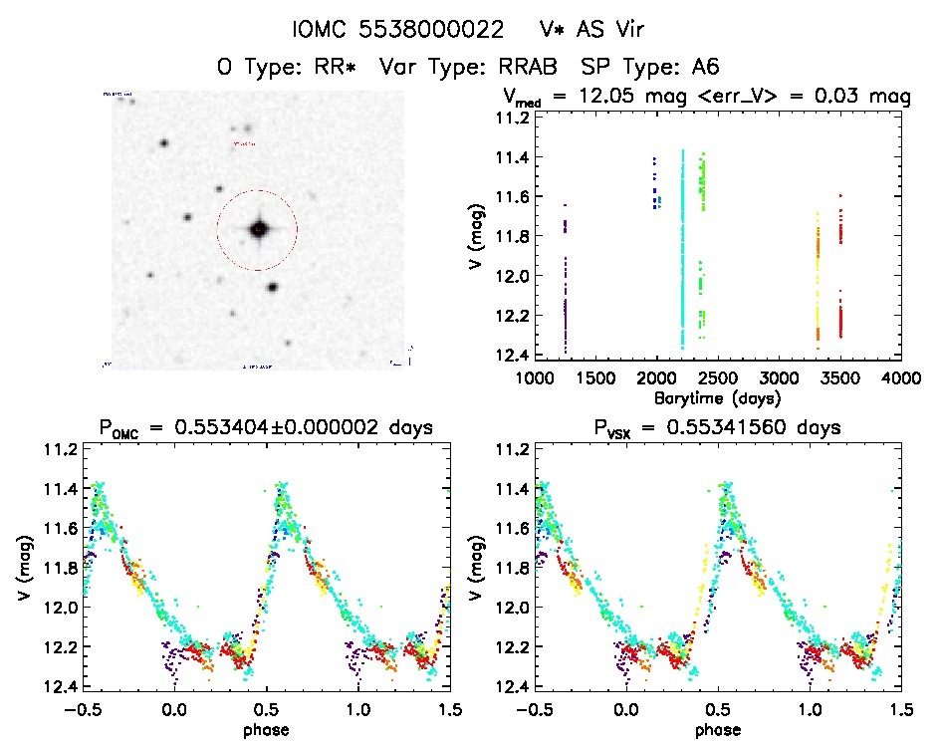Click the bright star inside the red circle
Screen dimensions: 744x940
(x=258, y=229)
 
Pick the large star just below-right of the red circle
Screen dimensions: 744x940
(x=272, y=287)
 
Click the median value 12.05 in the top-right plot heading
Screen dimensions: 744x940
(x=618, y=98)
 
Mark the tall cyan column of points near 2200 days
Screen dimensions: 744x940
(x=682, y=249)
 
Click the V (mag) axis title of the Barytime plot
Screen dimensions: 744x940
(x=471, y=237)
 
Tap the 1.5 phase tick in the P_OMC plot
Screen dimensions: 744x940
(x=450, y=709)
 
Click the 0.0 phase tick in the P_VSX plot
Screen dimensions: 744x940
(x=627, y=709)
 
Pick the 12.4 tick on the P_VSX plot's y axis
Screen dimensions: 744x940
(x=511, y=687)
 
